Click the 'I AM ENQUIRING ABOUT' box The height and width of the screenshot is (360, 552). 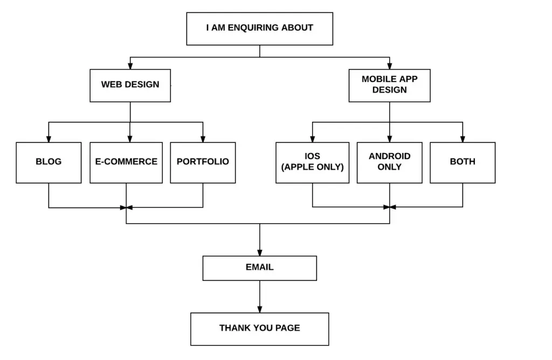click(x=259, y=29)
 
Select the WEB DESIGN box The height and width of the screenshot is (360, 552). click(x=130, y=85)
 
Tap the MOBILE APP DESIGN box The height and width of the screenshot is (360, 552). click(x=389, y=85)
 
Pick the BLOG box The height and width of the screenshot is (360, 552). click(x=49, y=162)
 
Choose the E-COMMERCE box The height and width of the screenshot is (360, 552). click(x=126, y=162)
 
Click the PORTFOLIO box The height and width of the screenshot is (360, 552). click(x=203, y=162)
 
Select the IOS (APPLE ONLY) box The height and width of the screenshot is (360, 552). click(x=312, y=162)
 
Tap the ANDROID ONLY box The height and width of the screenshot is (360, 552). click(x=389, y=162)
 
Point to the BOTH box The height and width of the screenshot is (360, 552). click(x=463, y=162)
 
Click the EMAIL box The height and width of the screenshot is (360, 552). click(x=259, y=268)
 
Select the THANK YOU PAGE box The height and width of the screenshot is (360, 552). click(x=259, y=329)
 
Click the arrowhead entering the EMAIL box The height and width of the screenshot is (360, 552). click(x=259, y=252)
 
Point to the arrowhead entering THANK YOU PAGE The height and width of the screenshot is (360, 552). click(x=259, y=309)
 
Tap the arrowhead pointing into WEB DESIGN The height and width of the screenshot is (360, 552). click(x=130, y=66)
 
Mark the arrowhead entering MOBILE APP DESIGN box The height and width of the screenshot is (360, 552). click(x=389, y=66)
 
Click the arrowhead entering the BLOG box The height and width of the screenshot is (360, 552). click(x=49, y=139)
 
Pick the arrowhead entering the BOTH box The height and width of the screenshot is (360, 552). click(x=463, y=139)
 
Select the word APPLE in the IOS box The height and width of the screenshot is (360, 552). click(x=300, y=167)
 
